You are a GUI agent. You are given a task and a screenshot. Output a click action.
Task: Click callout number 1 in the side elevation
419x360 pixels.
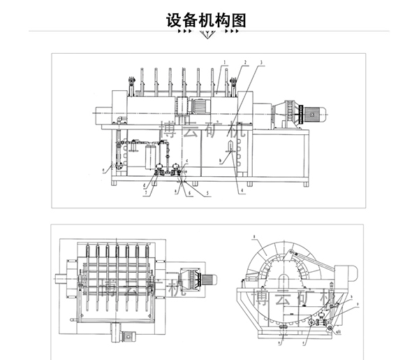coord(225,62)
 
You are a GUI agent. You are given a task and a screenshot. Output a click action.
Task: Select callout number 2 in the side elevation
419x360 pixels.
coord(245,62)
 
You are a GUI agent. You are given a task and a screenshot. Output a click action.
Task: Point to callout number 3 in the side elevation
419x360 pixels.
coord(260,62)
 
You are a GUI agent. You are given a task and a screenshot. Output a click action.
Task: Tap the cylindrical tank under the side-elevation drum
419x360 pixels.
coord(149,155)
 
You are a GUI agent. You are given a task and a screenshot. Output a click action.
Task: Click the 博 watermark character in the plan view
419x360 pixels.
coord(110,287)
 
